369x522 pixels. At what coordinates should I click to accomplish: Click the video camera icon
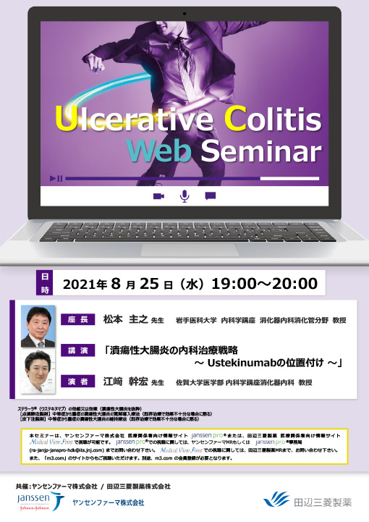point(158,195)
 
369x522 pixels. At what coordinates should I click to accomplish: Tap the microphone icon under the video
point(184,195)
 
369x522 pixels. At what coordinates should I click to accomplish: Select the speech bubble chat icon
point(211,195)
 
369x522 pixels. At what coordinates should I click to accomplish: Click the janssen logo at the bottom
point(35,500)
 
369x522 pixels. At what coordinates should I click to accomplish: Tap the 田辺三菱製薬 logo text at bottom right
point(323,500)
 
